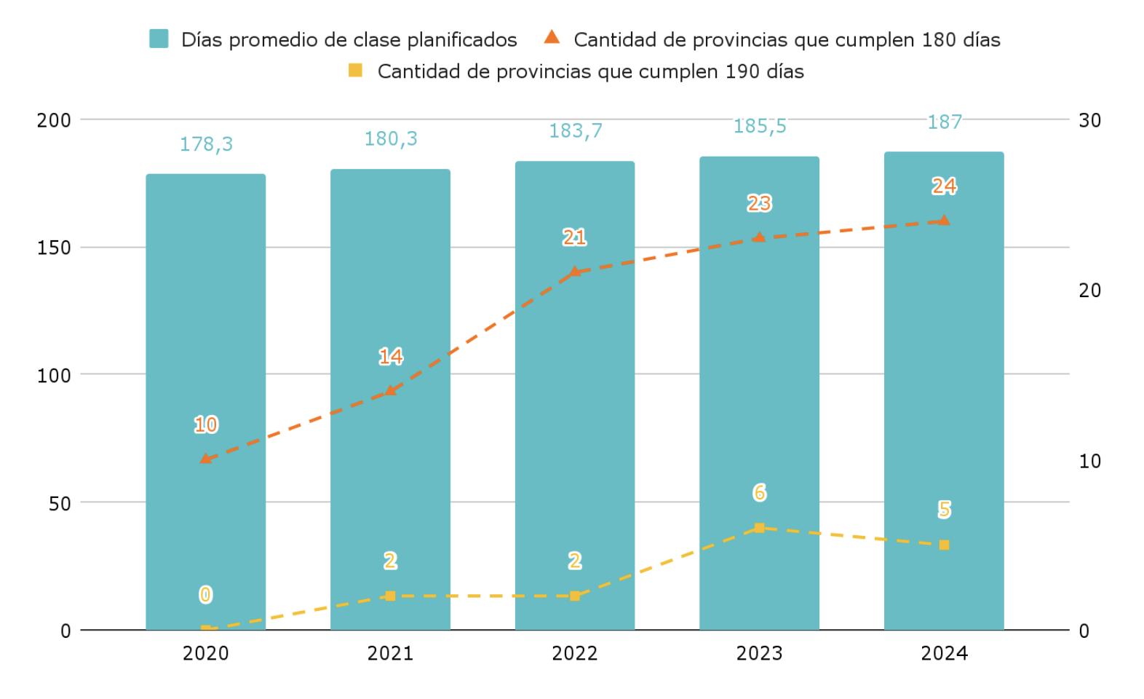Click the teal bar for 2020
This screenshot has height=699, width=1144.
(x=206, y=400)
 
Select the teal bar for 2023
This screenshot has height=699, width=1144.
(x=759, y=393)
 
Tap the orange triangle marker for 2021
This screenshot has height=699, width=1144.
(x=391, y=391)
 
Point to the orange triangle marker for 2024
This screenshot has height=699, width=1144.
(x=944, y=221)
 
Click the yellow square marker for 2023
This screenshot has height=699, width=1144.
(x=759, y=528)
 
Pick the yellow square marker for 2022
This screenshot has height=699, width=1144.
(x=575, y=596)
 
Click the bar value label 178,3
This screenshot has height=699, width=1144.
(x=206, y=144)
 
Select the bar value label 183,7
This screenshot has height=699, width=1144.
(x=575, y=131)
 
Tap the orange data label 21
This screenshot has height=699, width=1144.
(x=574, y=237)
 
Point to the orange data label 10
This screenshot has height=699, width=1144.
(x=206, y=424)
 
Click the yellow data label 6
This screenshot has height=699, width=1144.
(x=759, y=493)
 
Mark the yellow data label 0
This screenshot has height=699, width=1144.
(x=206, y=595)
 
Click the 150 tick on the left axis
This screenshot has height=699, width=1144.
(x=54, y=248)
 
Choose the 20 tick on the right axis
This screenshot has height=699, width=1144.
(x=1089, y=291)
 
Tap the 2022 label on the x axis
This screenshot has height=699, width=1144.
(x=575, y=653)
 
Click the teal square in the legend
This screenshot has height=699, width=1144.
(x=159, y=39)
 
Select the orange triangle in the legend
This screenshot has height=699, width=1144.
(x=552, y=37)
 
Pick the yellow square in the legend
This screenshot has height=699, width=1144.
(x=355, y=71)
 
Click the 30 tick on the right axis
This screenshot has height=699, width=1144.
(x=1089, y=120)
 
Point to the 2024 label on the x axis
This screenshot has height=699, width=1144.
(x=944, y=653)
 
